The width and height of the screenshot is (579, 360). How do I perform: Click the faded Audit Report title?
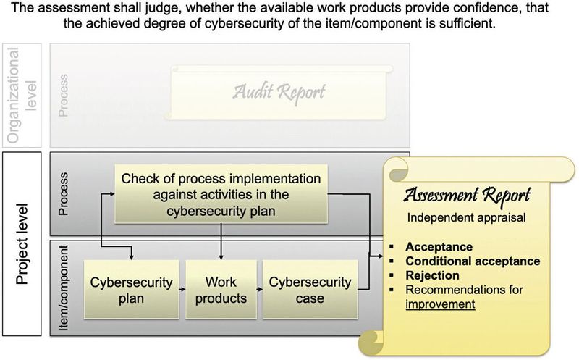pos(279,92)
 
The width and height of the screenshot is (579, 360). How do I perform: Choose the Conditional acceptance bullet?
pos(472,261)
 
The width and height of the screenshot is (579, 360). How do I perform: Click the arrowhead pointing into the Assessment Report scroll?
pos(383,256)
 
